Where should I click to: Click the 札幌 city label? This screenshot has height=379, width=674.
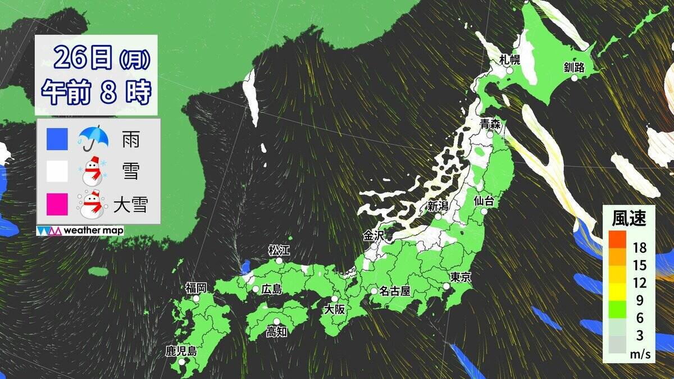tap(510, 60)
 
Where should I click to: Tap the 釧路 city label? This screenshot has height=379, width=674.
tap(574, 68)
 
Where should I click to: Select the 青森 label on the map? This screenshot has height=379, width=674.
tap(490, 124)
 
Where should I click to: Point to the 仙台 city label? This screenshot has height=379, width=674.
tap(484, 200)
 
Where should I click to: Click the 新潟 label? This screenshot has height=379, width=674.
tap(438, 206)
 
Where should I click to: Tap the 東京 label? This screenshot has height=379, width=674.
tap(461, 277)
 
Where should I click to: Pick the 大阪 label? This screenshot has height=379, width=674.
tap(334, 309)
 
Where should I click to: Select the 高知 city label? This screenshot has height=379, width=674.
tap(276, 331)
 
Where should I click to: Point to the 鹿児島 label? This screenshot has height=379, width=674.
tap(181, 352)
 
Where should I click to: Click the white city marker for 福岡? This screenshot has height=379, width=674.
tap(197, 299)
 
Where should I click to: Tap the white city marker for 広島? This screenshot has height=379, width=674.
tap(256, 289)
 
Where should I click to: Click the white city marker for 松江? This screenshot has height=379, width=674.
tap(279, 261)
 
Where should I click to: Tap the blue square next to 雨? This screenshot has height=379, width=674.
tap(58, 138)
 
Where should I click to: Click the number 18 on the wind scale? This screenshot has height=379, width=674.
tap(639, 248)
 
